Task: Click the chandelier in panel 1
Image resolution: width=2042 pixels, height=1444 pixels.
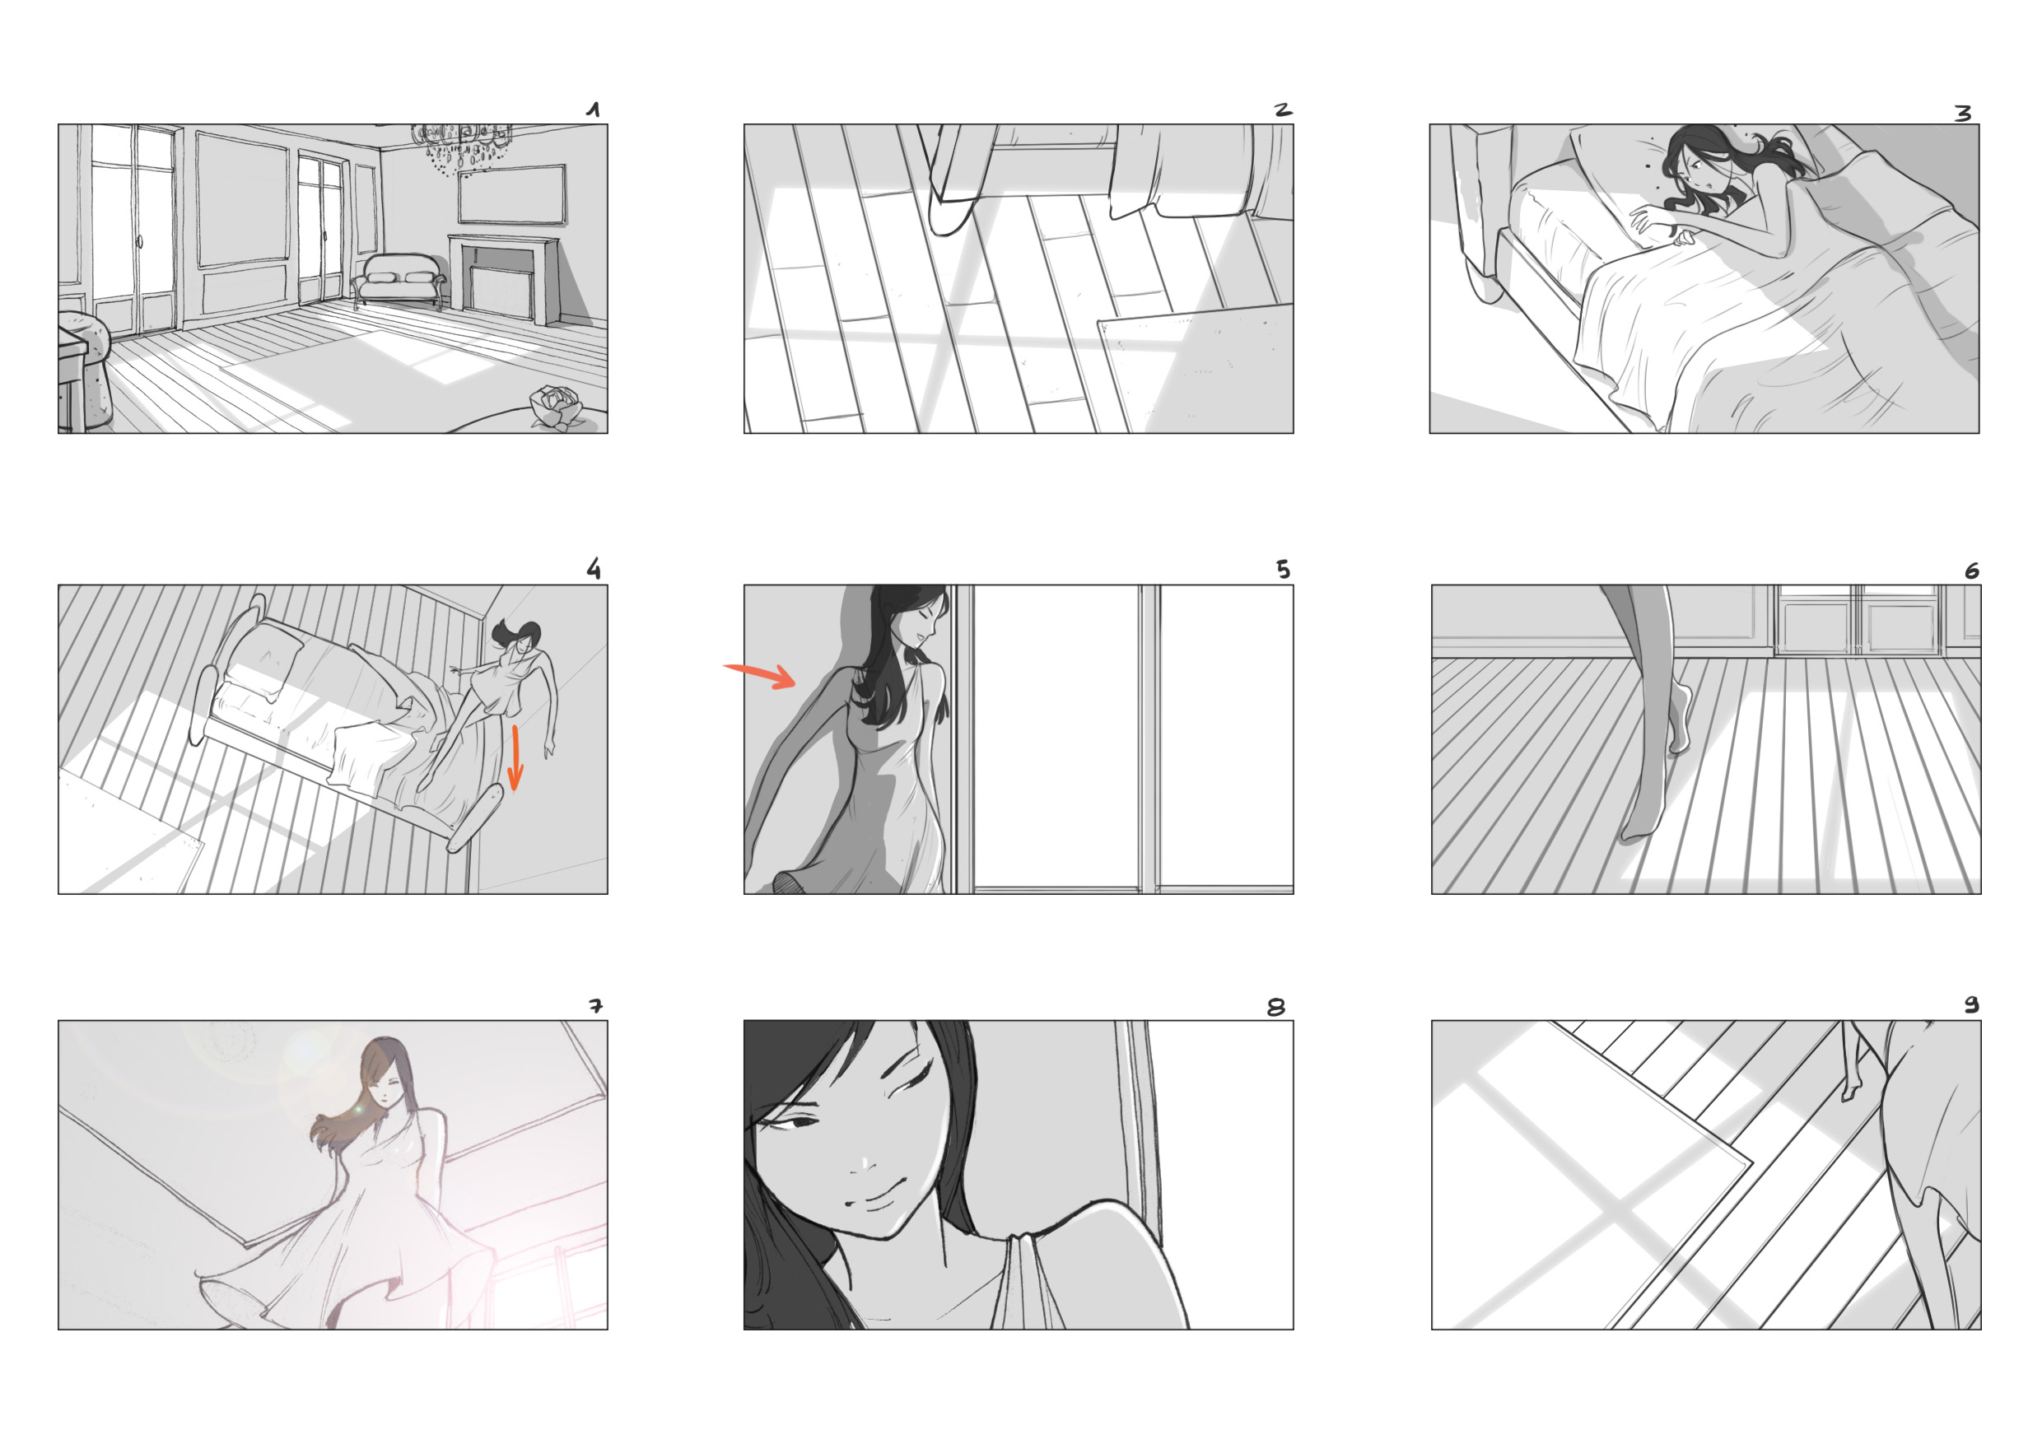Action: (462, 147)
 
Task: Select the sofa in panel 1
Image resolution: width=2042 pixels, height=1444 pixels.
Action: (399, 279)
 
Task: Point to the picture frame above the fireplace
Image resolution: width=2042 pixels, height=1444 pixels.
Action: (512, 195)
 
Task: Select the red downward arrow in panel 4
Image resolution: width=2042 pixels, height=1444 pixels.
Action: (514, 758)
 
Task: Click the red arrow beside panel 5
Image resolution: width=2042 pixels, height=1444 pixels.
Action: (761, 675)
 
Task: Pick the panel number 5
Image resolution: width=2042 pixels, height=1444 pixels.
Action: (1283, 569)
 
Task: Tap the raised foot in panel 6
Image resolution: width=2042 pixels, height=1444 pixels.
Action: (1679, 720)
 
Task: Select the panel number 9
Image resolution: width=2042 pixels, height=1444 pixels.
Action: (1972, 1004)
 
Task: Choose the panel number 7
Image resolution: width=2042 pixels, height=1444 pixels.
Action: (595, 1006)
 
